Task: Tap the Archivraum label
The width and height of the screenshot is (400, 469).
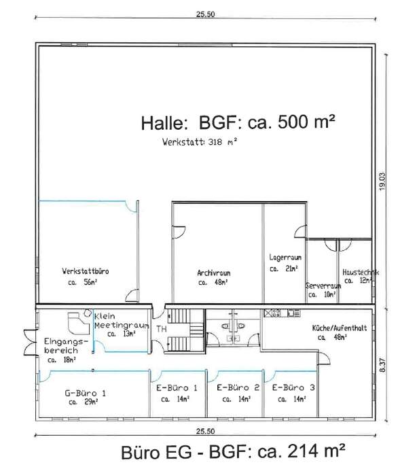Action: (213, 273)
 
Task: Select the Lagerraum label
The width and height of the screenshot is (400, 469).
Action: (285, 257)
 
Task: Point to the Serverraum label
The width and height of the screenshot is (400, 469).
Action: (323, 285)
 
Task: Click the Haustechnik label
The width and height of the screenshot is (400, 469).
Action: (361, 272)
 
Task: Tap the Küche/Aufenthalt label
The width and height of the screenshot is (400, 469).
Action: (340, 328)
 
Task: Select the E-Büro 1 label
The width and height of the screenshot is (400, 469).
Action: (177, 388)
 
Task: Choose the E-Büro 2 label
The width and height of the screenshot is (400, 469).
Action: (238, 387)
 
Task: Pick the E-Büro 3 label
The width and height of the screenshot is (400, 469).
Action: (293, 387)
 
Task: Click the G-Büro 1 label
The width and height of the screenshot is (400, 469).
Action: (86, 393)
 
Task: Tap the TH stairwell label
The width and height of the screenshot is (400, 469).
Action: (162, 329)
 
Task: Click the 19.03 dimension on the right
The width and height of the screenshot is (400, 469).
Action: (382, 181)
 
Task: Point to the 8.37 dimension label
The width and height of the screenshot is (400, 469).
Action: (382, 365)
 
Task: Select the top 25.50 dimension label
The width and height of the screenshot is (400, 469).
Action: (205, 14)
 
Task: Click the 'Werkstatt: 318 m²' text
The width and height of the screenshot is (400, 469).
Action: (200, 142)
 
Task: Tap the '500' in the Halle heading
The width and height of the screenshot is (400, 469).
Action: (293, 122)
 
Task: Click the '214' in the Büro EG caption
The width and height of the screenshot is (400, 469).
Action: (302, 451)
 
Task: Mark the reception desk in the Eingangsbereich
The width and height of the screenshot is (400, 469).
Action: (78, 323)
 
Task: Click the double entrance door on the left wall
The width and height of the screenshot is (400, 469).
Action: (30, 342)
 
